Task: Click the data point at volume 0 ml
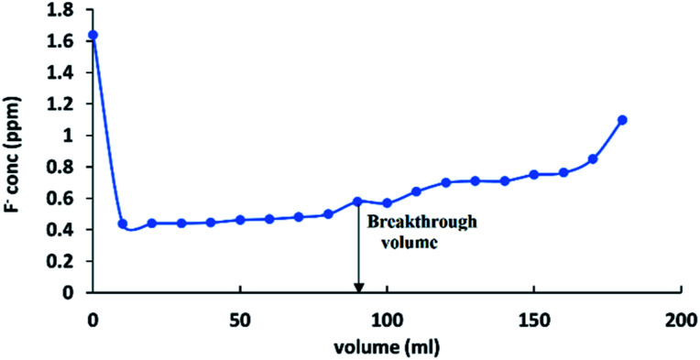click(93, 36)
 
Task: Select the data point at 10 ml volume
click(122, 224)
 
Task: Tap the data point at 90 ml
click(357, 202)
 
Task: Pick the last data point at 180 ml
click(622, 120)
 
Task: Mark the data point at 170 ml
click(593, 159)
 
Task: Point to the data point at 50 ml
click(240, 220)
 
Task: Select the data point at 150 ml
click(533, 174)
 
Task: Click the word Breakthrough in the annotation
click(413, 222)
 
